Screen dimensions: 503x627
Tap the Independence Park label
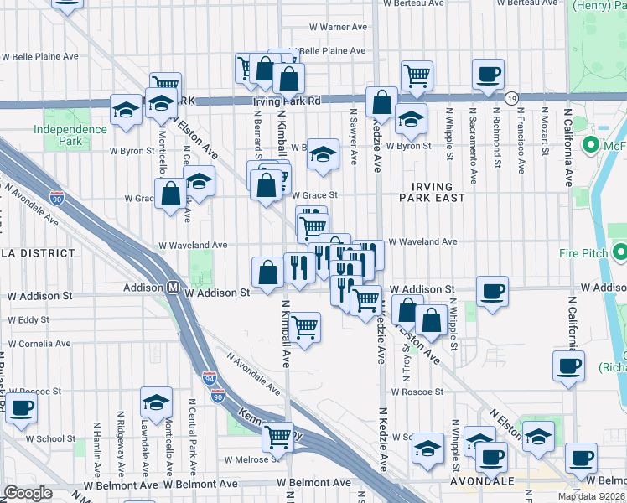tap(70, 136)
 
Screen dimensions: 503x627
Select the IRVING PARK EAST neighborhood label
tap(433, 192)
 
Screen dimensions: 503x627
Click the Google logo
tap(28, 493)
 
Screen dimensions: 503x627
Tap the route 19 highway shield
tap(510, 99)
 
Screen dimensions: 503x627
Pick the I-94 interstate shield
tap(209, 378)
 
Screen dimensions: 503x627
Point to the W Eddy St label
tap(28, 320)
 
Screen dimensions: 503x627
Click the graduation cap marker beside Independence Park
tap(127, 110)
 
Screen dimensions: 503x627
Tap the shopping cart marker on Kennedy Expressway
tap(278, 436)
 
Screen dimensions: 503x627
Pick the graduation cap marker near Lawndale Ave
tap(156, 402)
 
